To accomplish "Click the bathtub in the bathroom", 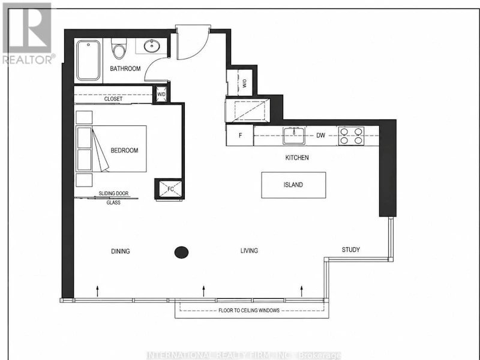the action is (x=88, y=61).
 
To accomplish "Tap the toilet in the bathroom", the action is (x=119, y=49).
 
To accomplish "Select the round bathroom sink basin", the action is (x=152, y=46).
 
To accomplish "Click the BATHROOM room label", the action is (x=125, y=68).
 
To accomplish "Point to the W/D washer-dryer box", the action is (x=161, y=94).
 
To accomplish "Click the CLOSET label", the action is (x=113, y=99).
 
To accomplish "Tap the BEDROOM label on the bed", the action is (x=124, y=151).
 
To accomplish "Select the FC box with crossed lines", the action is (x=170, y=189).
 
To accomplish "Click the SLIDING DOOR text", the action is (x=113, y=193).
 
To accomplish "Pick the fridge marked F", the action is (x=240, y=135).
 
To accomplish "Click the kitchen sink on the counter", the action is (x=294, y=136).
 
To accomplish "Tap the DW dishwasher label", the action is (x=320, y=135).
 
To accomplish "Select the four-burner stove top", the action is (x=351, y=136).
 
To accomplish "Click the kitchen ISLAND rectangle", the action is (x=293, y=185).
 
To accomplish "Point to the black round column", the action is (x=181, y=253).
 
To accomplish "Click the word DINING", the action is (x=121, y=251).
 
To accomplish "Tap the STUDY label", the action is (x=351, y=250).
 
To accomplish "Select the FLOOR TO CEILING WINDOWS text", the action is (x=249, y=310).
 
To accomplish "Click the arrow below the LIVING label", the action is (x=203, y=291).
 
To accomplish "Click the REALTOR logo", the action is (x=28, y=34).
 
